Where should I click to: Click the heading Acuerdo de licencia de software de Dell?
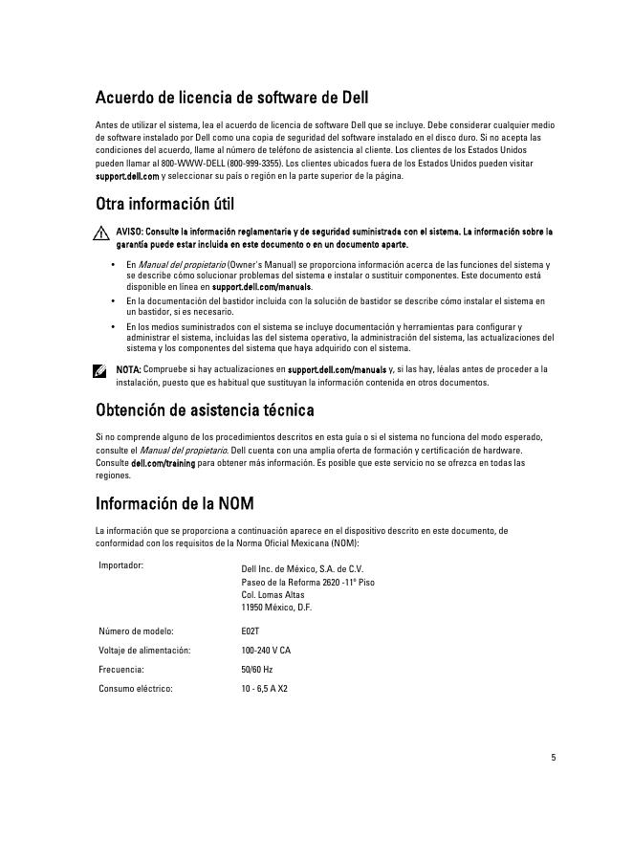coord(231,98)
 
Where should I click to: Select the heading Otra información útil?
coord(164,204)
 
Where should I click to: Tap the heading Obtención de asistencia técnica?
coord(205,410)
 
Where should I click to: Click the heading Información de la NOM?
coord(174,503)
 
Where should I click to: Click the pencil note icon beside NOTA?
coord(101,370)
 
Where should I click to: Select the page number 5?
coord(553,758)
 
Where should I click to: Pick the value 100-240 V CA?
coord(266,650)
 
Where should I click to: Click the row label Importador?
coord(121,564)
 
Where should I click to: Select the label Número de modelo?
coord(136,631)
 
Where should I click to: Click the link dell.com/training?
coord(164,463)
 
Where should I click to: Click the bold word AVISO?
coord(130,232)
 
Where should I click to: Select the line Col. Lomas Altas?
coord(273,594)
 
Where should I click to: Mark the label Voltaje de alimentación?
coord(144,650)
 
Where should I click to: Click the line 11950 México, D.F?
coord(277,608)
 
